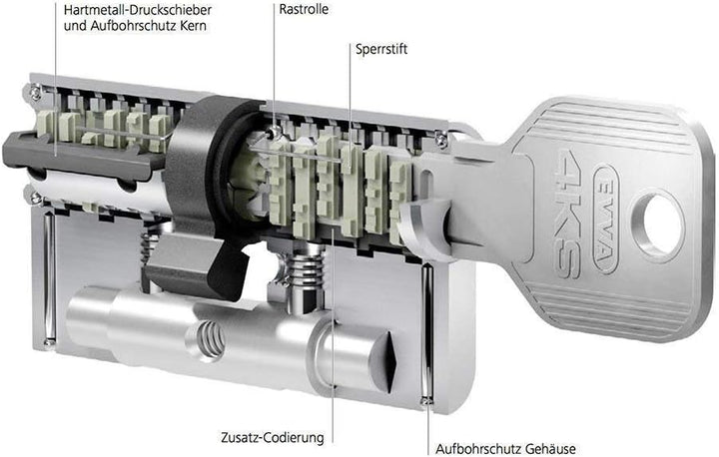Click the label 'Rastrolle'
[x=304, y=9]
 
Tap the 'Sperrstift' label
[x=381, y=49]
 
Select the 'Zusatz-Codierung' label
[x=273, y=437]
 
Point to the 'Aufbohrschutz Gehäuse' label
[x=505, y=448]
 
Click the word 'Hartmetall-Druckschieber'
[x=138, y=9]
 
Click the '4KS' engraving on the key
[x=568, y=214]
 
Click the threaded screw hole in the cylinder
[x=212, y=339]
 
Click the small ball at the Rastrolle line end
[x=274, y=133]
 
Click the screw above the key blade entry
[x=442, y=140]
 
